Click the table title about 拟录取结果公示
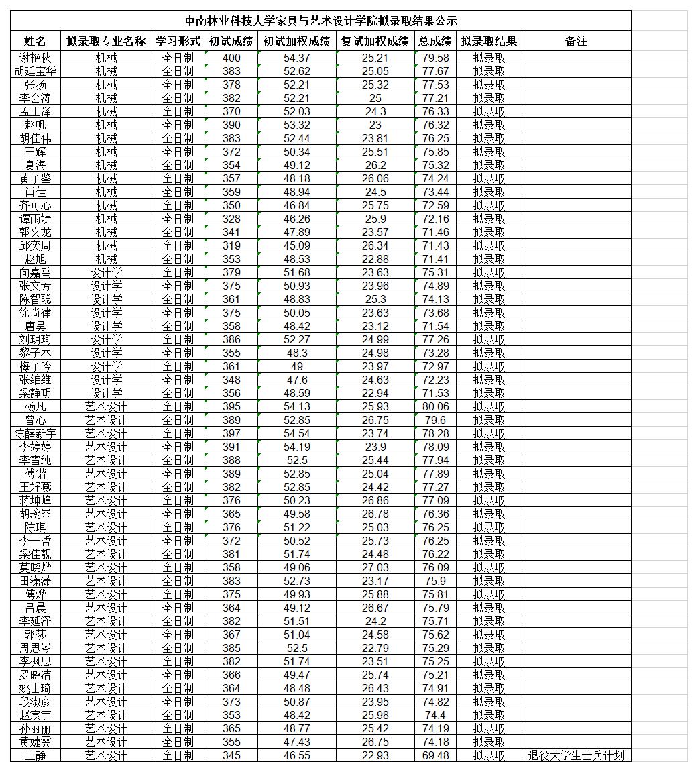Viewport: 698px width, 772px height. (321, 21)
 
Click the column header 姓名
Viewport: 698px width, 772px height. (35, 41)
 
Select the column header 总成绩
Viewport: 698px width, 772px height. (435, 41)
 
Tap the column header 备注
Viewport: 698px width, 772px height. (576, 41)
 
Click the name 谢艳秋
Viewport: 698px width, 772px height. (35, 58)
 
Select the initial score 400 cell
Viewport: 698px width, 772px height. (231, 58)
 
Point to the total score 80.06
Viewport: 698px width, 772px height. (435, 406)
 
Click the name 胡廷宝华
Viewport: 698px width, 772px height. (35, 71)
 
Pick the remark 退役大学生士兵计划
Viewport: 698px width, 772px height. (576, 755)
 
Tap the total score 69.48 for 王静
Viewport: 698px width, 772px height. (435, 755)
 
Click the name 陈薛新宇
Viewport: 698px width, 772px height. (35, 433)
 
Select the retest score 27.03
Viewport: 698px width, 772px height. (375, 567)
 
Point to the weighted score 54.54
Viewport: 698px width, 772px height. (297, 433)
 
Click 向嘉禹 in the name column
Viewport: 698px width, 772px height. (35, 272)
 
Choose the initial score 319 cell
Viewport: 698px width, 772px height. (231, 245)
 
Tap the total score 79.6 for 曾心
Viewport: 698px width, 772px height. (435, 420)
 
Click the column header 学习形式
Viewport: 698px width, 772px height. (178, 41)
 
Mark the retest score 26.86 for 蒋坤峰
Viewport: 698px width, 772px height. (375, 500)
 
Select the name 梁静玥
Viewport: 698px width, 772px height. (35, 393)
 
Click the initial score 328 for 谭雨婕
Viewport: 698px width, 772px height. (231, 219)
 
